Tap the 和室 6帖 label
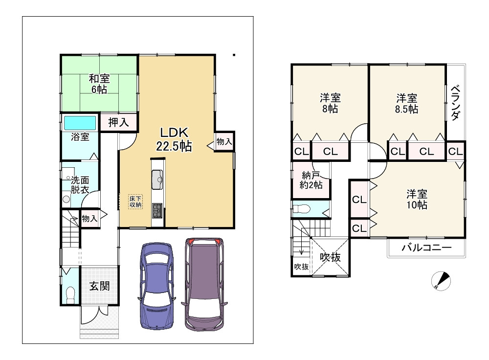click(99, 84)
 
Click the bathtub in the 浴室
click(79, 122)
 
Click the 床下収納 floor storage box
click(135, 202)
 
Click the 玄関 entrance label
click(99, 286)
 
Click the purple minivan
click(205, 284)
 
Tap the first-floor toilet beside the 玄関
click(70, 294)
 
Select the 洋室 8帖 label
click(330, 103)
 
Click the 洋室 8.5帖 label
click(407, 103)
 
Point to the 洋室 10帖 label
click(417, 199)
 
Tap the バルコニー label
click(426, 248)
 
